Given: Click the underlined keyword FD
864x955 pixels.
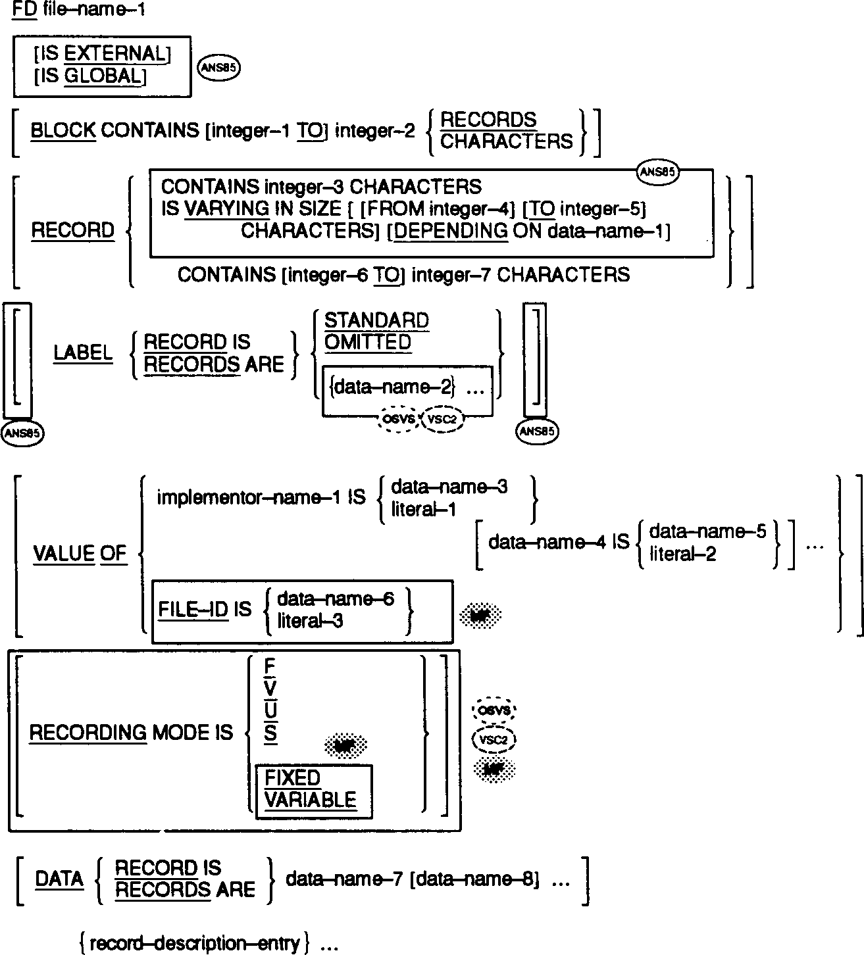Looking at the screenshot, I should point(24,10).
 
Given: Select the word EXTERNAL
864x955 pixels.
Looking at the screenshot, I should point(115,54).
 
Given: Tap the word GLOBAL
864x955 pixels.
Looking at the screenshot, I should point(103,76).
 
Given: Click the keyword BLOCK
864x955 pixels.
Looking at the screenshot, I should point(63,130).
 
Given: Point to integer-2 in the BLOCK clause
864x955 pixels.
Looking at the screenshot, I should point(375,131).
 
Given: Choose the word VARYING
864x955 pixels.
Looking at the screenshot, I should point(226,209).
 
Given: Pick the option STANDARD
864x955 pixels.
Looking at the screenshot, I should point(376,321).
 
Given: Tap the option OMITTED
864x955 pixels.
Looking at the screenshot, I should point(367,343).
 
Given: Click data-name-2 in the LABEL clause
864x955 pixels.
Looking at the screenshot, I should point(392,387).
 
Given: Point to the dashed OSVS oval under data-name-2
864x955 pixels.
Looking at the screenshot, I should point(398,419).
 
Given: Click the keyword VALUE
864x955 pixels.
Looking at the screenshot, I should point(64,554).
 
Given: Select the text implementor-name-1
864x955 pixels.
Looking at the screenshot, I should point(249,497).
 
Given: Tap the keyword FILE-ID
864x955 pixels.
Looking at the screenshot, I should point(193,610).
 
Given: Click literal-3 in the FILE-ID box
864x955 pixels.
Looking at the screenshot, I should point(309,620).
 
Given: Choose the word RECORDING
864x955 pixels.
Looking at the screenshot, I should point(88,733).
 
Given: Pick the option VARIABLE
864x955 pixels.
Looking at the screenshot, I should point(310,800).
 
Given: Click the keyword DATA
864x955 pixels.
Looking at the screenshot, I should point(59,879).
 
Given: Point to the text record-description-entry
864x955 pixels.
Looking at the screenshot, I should point(195,944).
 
